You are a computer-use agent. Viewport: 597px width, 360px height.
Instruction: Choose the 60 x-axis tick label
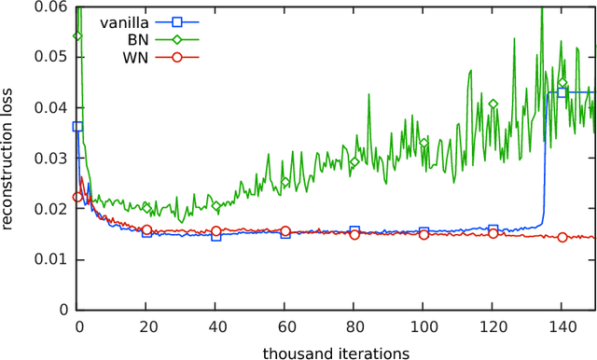(285, 326)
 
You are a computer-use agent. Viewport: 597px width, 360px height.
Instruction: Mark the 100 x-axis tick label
(423, 326)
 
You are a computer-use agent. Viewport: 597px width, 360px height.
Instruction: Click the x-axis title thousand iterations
(336, 353)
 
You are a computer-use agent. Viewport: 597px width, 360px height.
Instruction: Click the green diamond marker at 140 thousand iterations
(562, 84)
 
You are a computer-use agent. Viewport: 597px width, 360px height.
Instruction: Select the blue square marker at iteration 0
(77, 126)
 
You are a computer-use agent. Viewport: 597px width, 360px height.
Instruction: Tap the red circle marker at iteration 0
(77, 197)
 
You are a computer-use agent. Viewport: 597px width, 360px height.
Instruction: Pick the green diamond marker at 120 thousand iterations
(493, 104)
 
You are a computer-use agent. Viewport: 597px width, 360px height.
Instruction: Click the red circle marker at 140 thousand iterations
(562, 237)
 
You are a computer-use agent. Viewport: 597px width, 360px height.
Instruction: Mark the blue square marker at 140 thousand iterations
(562, 93)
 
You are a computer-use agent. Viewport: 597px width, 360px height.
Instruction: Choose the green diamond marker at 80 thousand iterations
(354, 162)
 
